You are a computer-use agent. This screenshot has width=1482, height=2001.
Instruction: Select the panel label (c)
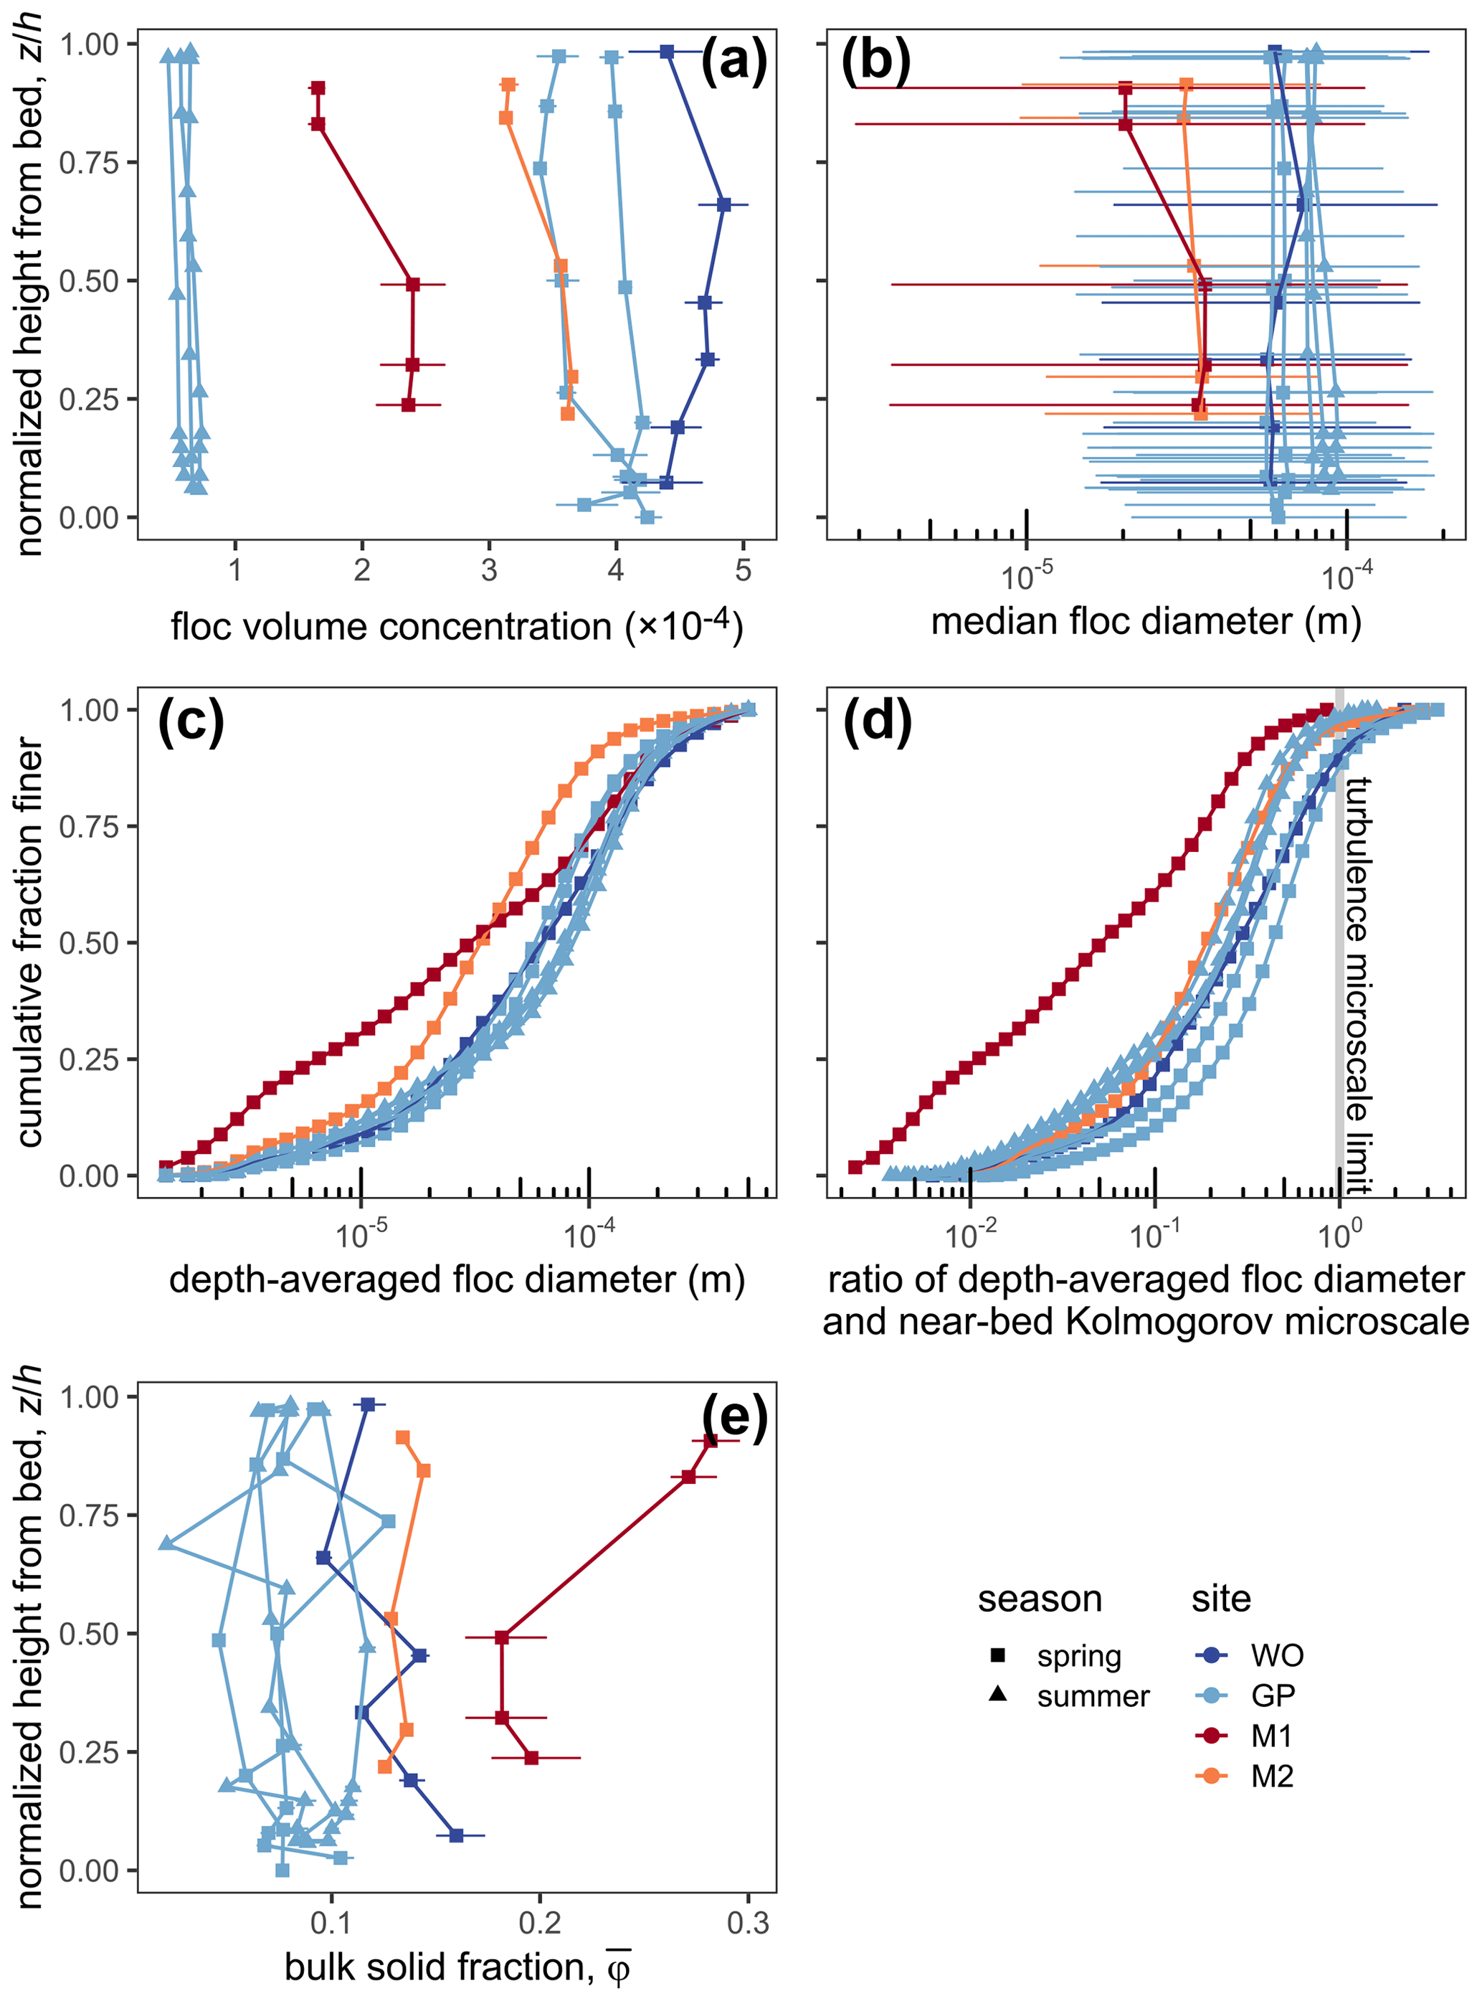[190, 721]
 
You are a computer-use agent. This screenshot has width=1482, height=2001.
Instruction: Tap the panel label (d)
[876, 721]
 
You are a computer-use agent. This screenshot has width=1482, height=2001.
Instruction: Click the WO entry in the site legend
[1276, 1655]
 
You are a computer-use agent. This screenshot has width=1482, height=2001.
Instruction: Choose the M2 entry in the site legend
[1271, 1776]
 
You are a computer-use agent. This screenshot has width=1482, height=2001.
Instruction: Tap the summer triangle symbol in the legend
[997, 1695]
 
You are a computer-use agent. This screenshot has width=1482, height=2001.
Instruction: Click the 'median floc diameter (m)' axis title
[1146, 621]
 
